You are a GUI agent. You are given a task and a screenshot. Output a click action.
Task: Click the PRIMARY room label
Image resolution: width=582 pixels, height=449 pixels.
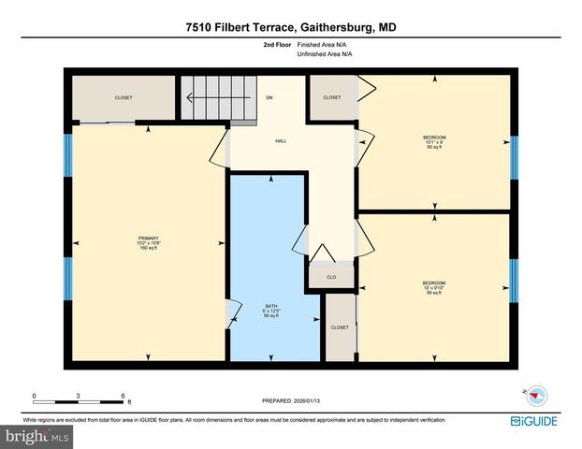pyautogui.click(x=149, y=239)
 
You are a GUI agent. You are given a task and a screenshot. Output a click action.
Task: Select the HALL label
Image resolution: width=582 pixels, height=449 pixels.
pyautogui.click(x=280, y=141)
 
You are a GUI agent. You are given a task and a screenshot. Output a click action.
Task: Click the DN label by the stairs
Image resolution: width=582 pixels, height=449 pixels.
pyautogui.click(x=269, y=97)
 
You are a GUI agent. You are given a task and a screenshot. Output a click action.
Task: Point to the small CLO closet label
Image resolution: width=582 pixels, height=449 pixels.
pyautogui.click(x=331, y=277)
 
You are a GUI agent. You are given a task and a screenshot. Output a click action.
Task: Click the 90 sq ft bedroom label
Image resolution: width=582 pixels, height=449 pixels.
pyautogui.click(x=434, y=141)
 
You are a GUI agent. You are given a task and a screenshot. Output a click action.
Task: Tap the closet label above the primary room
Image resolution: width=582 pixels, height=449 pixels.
pyautogui.click(x=124, y=97)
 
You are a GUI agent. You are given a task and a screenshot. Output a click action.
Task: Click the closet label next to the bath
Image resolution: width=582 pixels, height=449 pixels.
pyautogui.click(x=340, y=327)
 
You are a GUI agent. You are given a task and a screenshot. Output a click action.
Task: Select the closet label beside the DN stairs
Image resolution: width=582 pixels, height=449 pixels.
pyautogui.click(x=332, y=97)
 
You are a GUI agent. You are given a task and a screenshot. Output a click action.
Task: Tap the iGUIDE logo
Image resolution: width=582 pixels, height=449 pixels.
pyautogui.click(x=536, y=422)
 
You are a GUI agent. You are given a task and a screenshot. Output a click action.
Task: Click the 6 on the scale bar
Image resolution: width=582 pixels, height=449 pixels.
pyautogui.click(x=123, y=395)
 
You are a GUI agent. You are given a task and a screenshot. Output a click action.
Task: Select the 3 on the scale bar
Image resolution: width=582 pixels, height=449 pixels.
pyautogui.click(x=79, y=395)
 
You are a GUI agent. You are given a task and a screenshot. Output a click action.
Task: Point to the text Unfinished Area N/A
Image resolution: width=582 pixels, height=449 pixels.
pyautogui.click(x=325, y=54)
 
